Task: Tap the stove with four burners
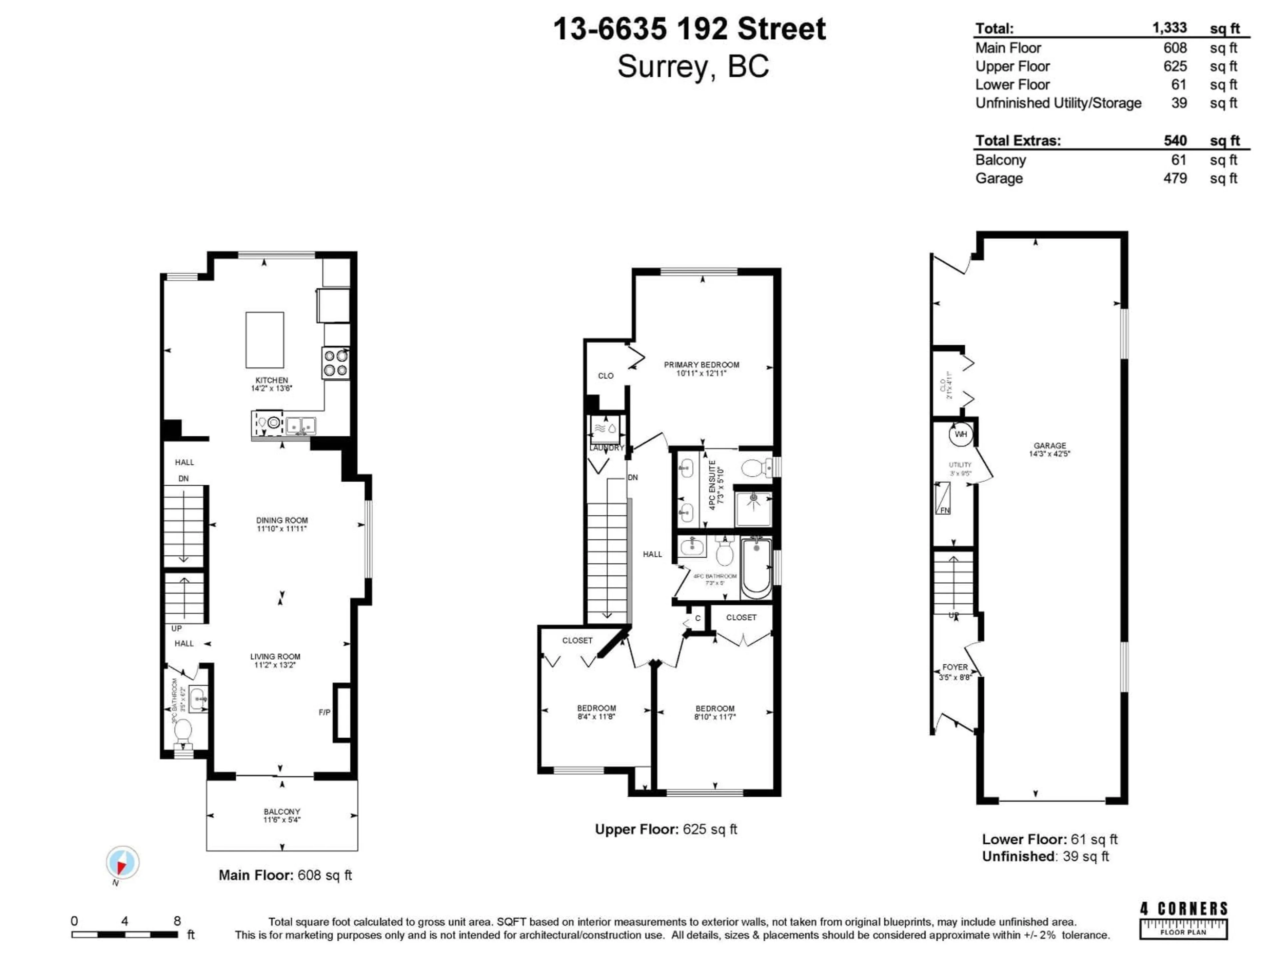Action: (x=335, y=363)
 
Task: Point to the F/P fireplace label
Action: (x=324, y=712)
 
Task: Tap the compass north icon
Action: (x=122, y=863)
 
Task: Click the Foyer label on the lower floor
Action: (x=955, y=667)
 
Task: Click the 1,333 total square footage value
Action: (x=1169, y=28)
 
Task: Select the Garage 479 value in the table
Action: (x=1175, y=178)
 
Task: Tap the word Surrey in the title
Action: (x=662, y=67)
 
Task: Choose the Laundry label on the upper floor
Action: (x=607, y=448)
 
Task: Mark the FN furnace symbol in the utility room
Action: (x=943, y=499)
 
